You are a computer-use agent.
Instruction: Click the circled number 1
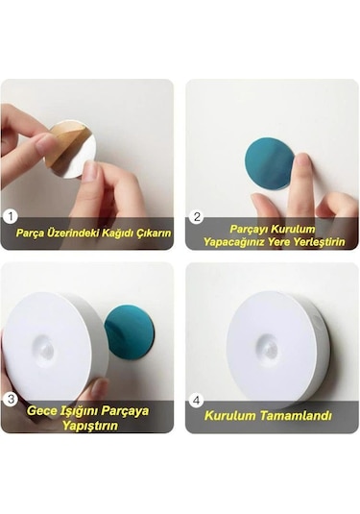point(12,217)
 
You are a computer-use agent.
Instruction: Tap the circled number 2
point(197,217)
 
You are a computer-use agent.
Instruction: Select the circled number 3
point(12,399)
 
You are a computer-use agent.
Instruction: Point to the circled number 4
point(197,399)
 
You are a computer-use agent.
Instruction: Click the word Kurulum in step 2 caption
point(293,229)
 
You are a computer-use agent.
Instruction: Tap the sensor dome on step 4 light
point(270,349)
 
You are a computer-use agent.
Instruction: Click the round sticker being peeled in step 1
point(71,148)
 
